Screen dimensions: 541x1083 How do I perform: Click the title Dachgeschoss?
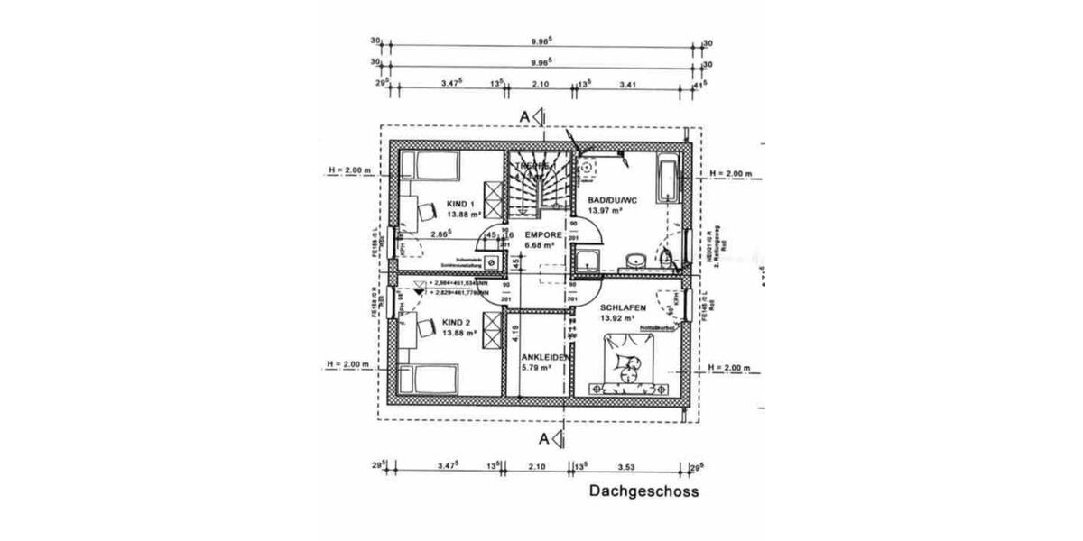tap(643, 491)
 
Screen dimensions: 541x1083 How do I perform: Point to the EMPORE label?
tap(544, 235)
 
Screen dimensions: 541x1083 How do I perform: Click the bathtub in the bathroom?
tap(667, 179)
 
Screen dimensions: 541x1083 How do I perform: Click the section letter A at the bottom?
tap(543, 439)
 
